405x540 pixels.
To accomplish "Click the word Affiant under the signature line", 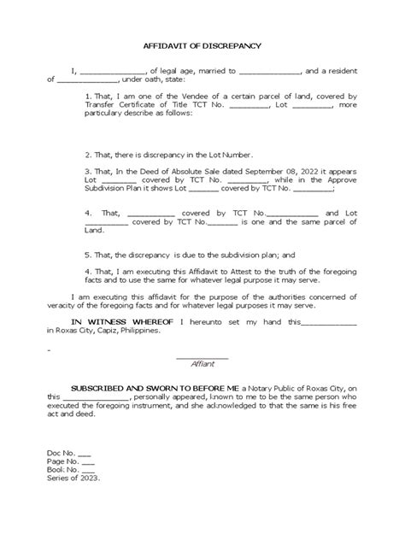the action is click(202, 363).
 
